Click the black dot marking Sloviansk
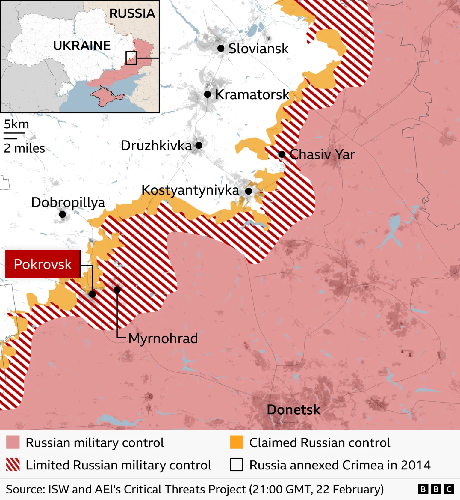point(221,48)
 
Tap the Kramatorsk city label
point(252,94)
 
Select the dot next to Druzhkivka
point(199,145)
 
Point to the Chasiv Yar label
point(322,154)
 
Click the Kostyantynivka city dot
point(249,191)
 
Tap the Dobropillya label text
point(68,203)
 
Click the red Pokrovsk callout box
point(43,264)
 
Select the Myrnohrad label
point(163,338)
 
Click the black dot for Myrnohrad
point(117,290)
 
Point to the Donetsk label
point(293,409)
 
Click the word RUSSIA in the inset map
point(132,13)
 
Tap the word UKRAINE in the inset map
point(82,46)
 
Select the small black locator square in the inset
point(131,58)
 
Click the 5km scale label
point(16,124)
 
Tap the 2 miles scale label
point(24,148)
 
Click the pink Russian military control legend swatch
point(13,442)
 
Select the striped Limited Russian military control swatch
point(13,465)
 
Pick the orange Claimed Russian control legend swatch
point(237,442)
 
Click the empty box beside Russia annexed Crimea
point(237,465)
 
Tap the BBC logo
point(436,489)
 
